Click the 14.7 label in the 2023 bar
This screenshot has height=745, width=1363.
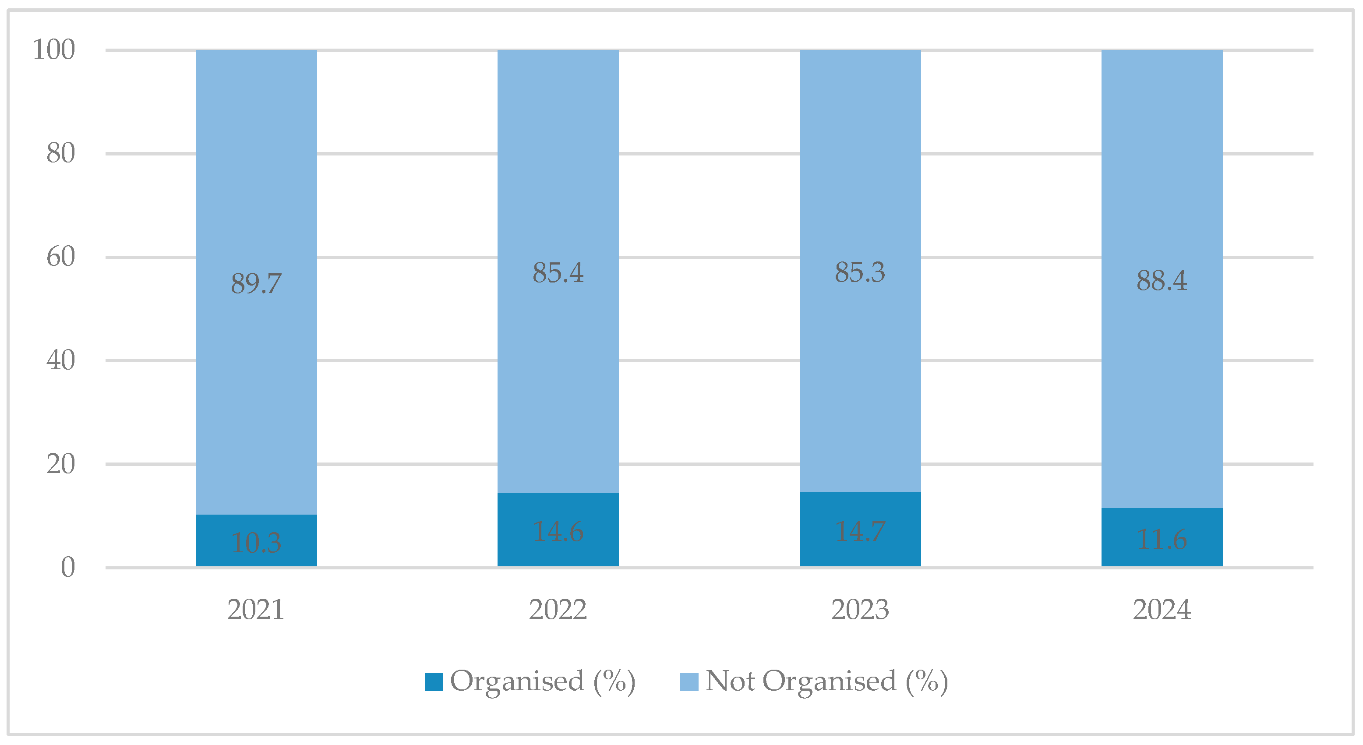pyautogui.click(x=860, y=531)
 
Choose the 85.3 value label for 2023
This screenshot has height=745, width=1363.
pyautogui.click(x=860, y=272)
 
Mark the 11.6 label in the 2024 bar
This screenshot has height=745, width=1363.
pyautogui.click(x=1162, y=540)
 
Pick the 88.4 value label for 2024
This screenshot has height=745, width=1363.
pyautogui.click(x=1162, y=280)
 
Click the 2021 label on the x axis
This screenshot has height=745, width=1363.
pyautogui.click(x=256, y=610)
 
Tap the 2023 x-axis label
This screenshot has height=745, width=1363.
pyautogui.click(x=860, y=610)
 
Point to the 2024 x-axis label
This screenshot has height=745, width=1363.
pyautogui.click(x=1162, y=610)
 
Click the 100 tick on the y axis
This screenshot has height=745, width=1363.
pyautogui.click(x=54, y=50)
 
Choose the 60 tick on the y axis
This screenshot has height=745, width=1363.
pyautogui.click(x=61, y=257)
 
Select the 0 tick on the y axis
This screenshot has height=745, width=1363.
pyautogui.click(x=68, y=567)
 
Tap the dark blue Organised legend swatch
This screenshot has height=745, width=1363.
pyautogui.click(x=434, y=681)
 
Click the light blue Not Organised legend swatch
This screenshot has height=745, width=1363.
pyautogui.click(x=689, y=681)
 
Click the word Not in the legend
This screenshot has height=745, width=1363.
pyautogui.click(x=730, y=681)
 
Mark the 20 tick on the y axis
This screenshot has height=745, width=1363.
pyautogui.click(x=61, y=464)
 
